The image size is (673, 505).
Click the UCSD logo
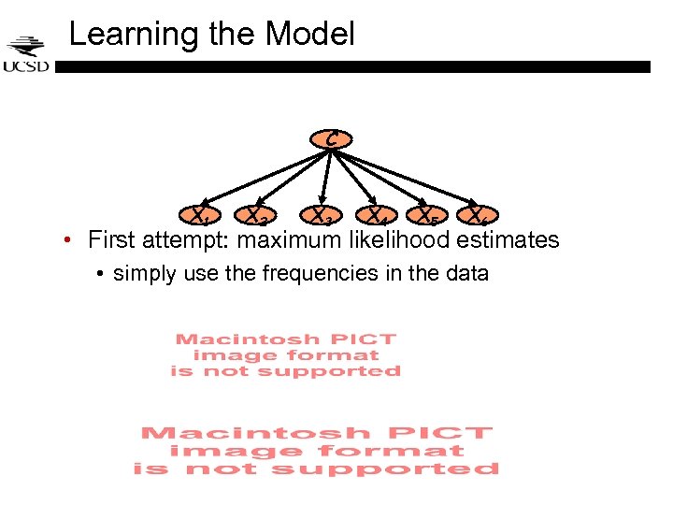(x=27, y=54)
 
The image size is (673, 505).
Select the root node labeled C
(x=331, y=139)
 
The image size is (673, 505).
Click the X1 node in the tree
(x=199, y=217)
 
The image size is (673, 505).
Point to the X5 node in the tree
(x=427, y=217)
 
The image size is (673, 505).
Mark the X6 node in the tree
(x=479, y=217)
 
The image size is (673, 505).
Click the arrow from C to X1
(x=262, y=178)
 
